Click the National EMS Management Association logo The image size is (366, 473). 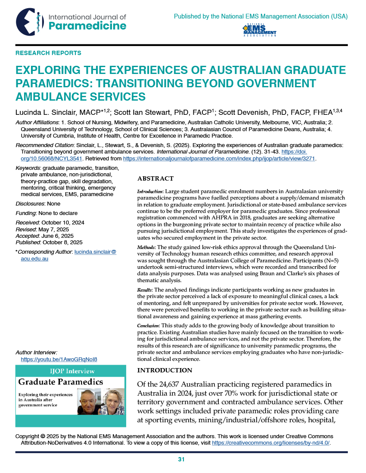260,31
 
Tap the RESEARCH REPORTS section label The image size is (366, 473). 48,53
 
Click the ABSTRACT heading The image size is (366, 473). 155,178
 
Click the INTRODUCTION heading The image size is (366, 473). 164,370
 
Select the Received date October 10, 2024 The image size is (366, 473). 62,223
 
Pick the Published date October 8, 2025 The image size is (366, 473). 64,242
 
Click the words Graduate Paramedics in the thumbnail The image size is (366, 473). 60,382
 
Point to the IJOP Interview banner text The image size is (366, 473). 71,371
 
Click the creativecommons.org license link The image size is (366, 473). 271,443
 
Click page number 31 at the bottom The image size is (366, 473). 181,459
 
